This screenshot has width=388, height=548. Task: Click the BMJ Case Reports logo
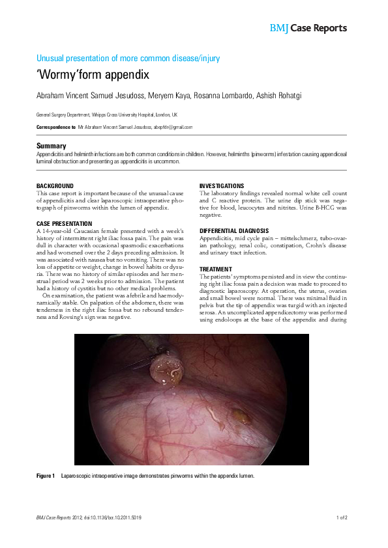[x=308, y=28]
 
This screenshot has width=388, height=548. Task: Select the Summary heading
[x=52, y=146]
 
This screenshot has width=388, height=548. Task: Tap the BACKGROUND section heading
[x=55, y=186]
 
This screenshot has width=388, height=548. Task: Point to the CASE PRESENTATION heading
[x=64, y=224]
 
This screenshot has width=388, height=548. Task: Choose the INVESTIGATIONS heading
[x=222, y=186]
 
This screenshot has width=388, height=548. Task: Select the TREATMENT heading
[x=215, y=269]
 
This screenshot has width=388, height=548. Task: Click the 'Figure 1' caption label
[x=46, y=476]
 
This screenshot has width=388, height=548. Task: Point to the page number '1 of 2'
[x=342, y=517]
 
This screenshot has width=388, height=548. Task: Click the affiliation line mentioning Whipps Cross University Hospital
[x=107, y=115]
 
